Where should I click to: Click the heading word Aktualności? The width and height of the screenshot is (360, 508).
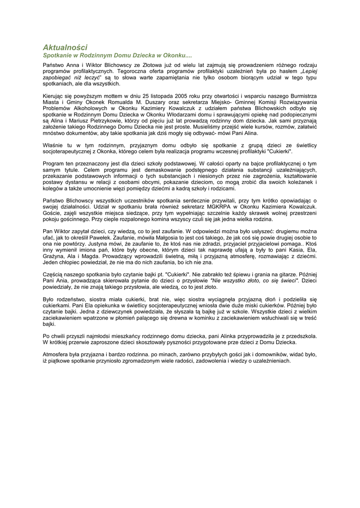point(65,47)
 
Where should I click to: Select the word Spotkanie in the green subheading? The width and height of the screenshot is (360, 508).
point(58,56)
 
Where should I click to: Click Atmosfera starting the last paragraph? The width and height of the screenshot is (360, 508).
point(57,355)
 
